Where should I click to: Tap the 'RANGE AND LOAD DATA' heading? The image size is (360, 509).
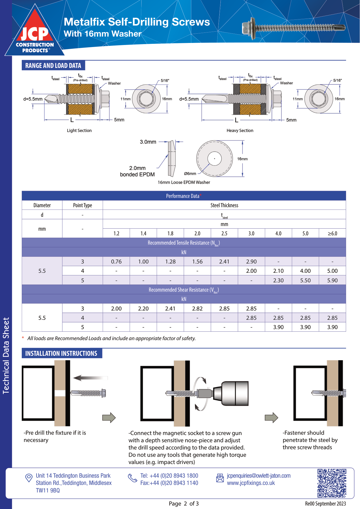[x=53, y=66]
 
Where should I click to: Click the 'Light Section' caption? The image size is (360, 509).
[x=79, y=131]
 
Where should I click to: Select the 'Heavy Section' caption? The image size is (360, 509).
[x=240, y=131]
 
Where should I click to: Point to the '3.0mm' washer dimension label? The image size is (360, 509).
[x=148, y=142]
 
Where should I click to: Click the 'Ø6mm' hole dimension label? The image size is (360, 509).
[x=190, y=174]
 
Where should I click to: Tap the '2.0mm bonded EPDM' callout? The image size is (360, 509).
[x=138, y=171]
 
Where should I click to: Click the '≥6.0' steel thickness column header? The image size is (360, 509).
[x=332, y=233]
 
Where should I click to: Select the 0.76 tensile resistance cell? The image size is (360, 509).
[x=116, y=261]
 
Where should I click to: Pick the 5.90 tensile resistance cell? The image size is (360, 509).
[x=332, y=280]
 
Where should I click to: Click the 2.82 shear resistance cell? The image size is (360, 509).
[x=197, y=308]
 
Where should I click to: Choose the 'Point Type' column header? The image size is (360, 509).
[x=82, y=205]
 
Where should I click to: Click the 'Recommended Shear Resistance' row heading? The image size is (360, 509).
[x=184, y=290]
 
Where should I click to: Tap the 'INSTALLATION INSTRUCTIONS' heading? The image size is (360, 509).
[x=61, y=353]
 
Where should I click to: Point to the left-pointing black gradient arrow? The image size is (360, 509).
[x=90, y=378]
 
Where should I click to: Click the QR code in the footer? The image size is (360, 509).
[x=332, y=483]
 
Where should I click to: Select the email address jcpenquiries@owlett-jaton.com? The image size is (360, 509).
[x=258, y=476]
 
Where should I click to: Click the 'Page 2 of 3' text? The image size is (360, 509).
[x=184, y=503]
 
